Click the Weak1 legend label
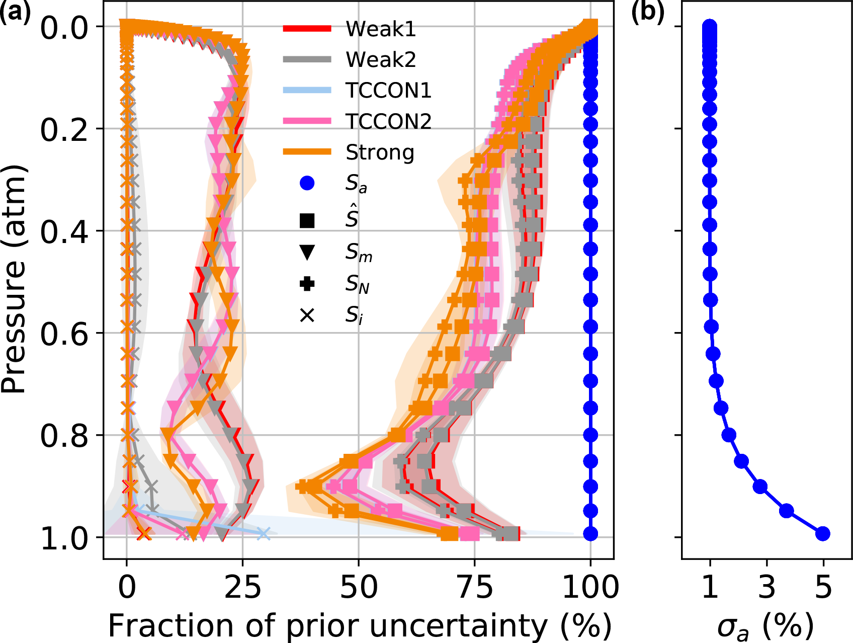click(x=381, y=29)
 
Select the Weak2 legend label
click(x=381, y=60)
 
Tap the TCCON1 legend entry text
click(x=388, y=91)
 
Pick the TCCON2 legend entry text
click(x=388, y=121)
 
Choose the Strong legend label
click(x=380, y=152)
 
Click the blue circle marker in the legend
click(x=307, y=183)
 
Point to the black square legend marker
click(x=307, y=220)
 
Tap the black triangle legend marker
click(x=307, y=252)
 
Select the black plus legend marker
click(x=307, y=284)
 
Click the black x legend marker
click(x=307, y=315)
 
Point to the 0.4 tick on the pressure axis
click(x=64, y=231)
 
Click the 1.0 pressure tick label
click(x=64, y=538)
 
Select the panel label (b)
click(x=648, y=12)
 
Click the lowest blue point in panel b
click(x=822, y=533)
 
